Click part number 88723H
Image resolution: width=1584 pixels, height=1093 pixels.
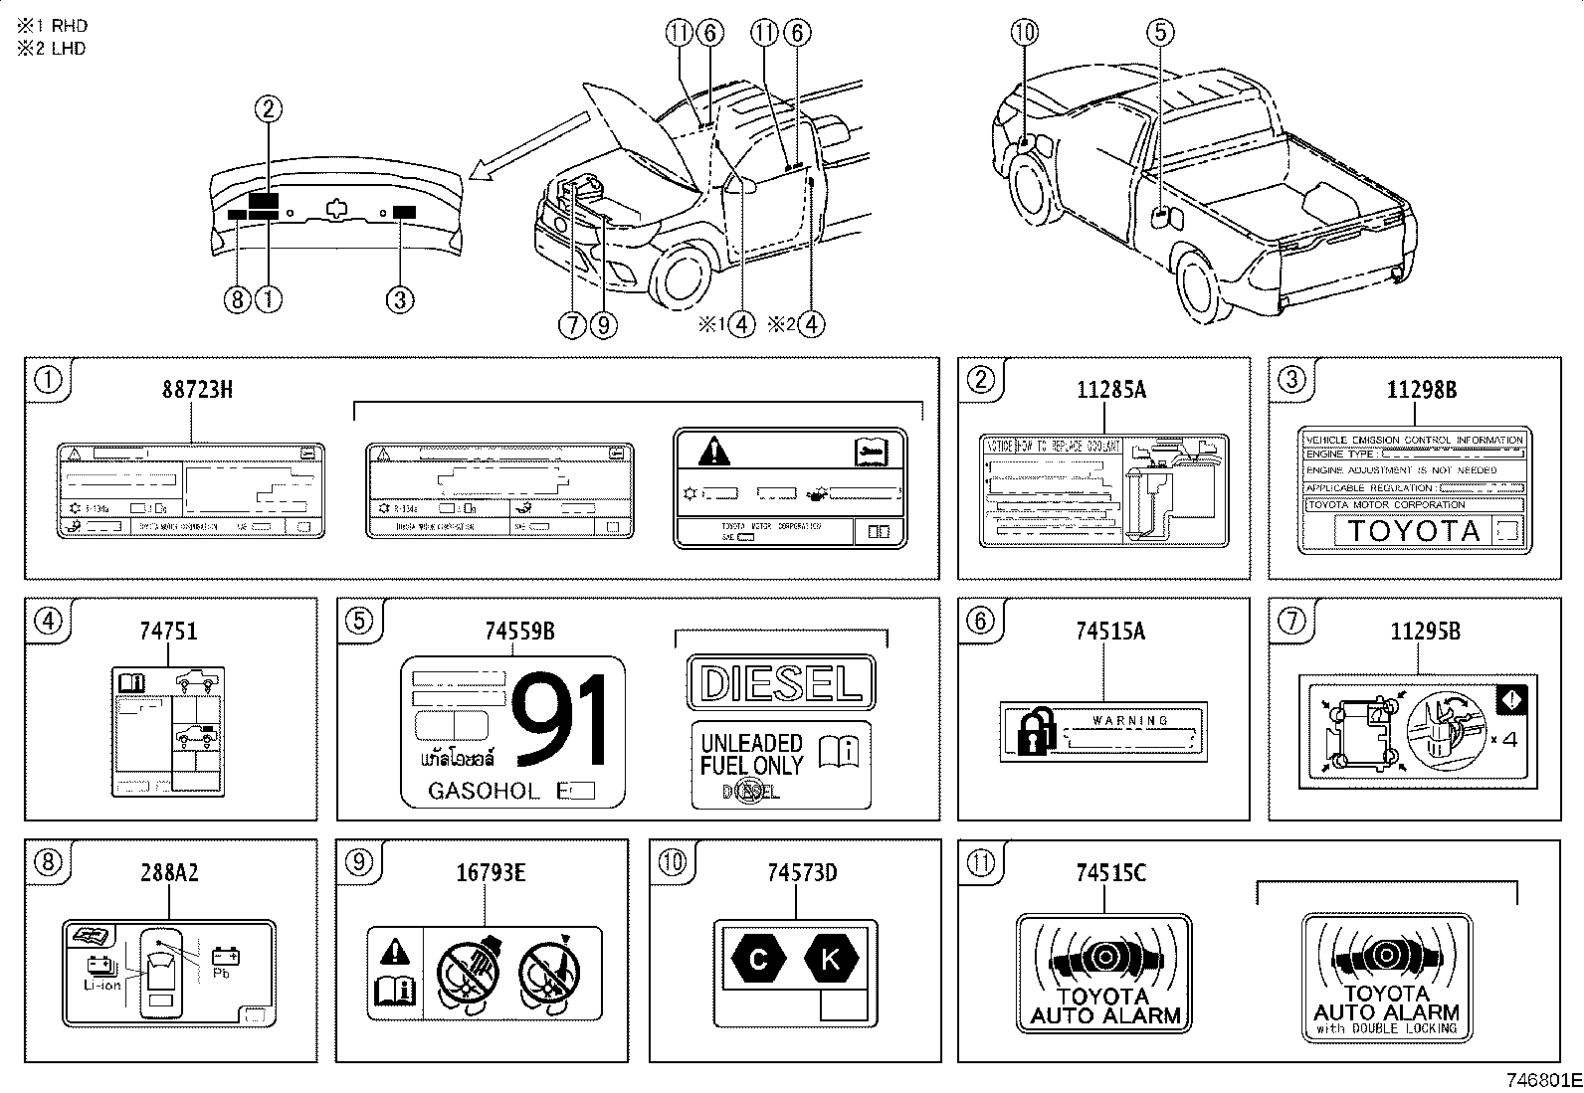(197, 390)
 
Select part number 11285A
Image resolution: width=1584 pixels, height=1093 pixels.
(1110, 390)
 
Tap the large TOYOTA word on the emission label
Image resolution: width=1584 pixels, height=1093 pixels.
(1413, 531)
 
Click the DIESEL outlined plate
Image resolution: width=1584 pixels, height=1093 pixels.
(781, 683)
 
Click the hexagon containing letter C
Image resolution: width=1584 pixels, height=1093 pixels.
(757, 960)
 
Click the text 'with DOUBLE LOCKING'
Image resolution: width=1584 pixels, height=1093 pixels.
(1386, 1029)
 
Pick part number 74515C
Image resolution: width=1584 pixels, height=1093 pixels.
(1110, 873)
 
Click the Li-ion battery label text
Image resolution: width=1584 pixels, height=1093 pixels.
(101, 985)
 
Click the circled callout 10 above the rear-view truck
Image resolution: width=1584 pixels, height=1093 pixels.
(1025, 33)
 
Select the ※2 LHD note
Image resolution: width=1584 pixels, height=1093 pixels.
(51, 49)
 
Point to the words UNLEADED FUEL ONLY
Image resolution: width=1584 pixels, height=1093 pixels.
(751, 754)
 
